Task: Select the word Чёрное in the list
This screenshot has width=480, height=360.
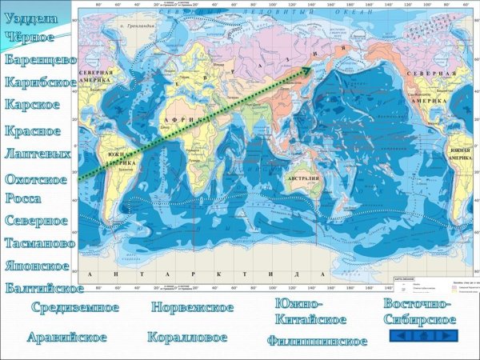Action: [x=30, y=37]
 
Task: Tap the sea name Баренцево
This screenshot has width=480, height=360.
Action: [x=40, y=60]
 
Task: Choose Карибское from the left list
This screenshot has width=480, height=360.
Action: [x=41, y=82]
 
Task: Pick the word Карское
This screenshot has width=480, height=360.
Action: [x=32, y=105]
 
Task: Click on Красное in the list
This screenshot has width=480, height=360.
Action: [x=33, y=130]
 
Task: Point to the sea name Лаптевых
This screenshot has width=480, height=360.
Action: [x=38, y=153]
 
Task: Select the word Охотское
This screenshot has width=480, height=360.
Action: [x=37, y=179]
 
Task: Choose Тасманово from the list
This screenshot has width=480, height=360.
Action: [x=40, y=242]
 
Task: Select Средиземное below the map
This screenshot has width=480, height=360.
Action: [x=75, y=307]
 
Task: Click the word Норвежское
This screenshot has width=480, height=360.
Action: [x=192, y=307]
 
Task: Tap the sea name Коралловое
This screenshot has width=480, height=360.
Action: [x=187, y=337]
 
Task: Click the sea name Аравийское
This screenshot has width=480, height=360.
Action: [x=66, y=337]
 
